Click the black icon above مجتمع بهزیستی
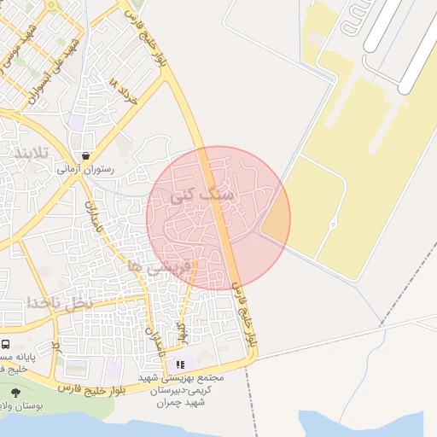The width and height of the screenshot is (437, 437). (x=179, y=364)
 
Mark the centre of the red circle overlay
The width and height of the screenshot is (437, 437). (x=218, y=218)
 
